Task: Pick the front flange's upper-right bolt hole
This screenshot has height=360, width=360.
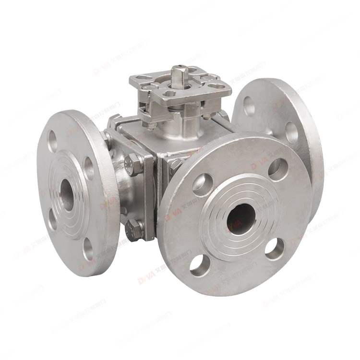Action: (277, 168)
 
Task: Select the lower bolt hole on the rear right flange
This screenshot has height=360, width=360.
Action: (291, 132)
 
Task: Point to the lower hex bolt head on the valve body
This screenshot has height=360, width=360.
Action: (134, 230)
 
